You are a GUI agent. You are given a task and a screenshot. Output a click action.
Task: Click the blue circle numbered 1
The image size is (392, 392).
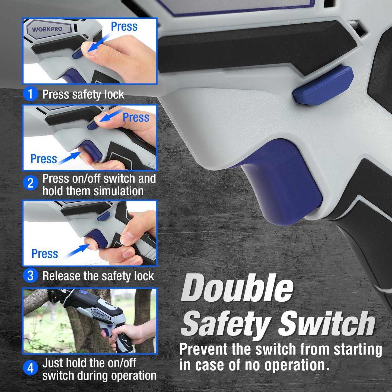30,94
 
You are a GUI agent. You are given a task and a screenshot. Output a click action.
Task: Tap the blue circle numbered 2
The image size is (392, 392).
30,183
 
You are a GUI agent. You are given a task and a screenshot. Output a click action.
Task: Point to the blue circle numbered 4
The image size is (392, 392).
30,368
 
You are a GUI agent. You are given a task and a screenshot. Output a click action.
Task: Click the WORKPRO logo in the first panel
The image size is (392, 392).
47,29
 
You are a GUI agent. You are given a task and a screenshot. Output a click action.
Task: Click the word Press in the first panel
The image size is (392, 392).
124,26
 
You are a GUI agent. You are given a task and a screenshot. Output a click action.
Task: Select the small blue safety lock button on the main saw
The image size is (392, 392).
323,86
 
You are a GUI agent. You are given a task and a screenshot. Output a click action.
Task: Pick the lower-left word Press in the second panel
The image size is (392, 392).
43,159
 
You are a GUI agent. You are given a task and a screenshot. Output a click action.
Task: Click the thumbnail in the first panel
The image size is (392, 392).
90,51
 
